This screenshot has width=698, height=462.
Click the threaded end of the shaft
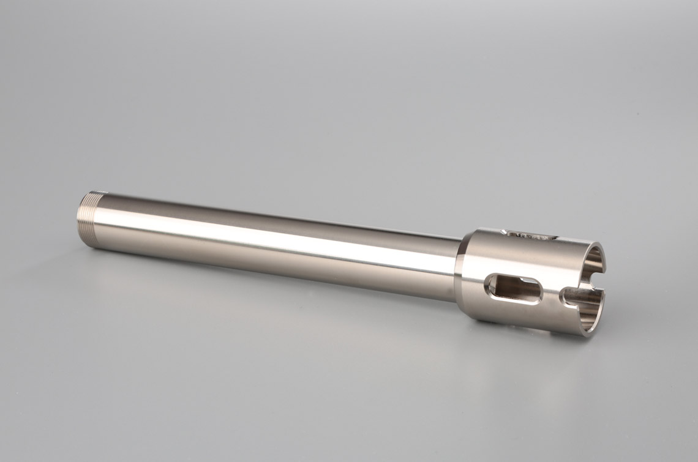tap(89, 218)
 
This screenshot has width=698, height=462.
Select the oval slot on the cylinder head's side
tap(513, 289)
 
